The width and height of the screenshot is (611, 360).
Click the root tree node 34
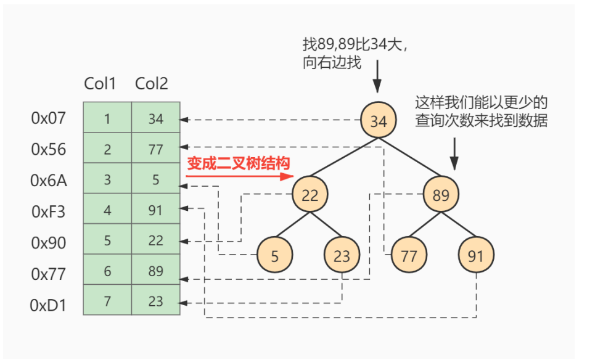[x=379, y=121]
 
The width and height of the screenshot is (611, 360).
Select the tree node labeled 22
[x=310, y=195]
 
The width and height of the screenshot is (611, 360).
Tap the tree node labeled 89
[x=441, y=195]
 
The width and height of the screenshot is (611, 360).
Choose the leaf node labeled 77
[x=409, y=256]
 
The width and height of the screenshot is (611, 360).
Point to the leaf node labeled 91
[x=475, y=256]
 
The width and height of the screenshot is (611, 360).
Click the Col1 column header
[x=100, y=84]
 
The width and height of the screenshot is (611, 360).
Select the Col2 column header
[x=152, y=84]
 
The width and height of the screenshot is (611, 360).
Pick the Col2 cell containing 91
[x=155, y=210]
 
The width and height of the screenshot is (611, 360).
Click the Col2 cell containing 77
[x=155, y=149]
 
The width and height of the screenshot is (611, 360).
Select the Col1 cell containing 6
[x=107, y=271]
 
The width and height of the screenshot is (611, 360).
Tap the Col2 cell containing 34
[x=155, y=118]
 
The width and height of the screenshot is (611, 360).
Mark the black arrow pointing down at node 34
[x=378, y=86]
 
